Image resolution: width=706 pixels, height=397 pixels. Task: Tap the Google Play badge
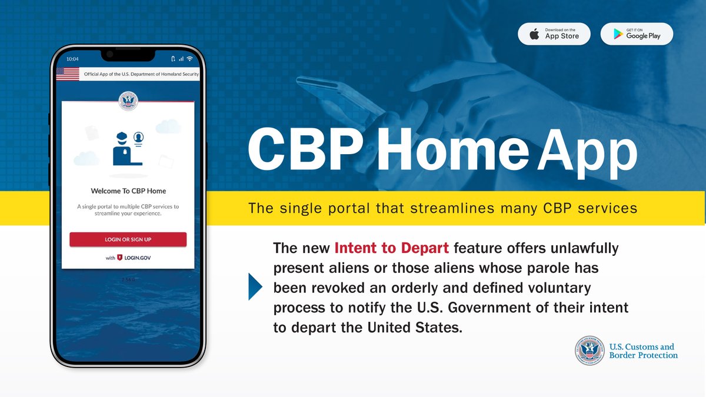tap(637, 34)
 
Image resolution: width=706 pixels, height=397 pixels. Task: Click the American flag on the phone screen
tap(67, 74)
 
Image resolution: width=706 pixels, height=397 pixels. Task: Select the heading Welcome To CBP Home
tap(128, 191)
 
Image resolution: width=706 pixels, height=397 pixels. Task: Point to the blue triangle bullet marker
tap(255, 287)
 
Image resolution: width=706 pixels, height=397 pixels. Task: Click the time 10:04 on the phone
tap(73, 59)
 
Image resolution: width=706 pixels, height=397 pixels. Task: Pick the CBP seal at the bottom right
tap(590, 351)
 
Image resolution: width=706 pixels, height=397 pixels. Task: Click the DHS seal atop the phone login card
tap(128, 101)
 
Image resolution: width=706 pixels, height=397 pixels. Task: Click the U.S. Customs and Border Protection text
tap(642, 351)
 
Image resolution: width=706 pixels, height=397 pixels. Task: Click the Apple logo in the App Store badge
tap(534, 34)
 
